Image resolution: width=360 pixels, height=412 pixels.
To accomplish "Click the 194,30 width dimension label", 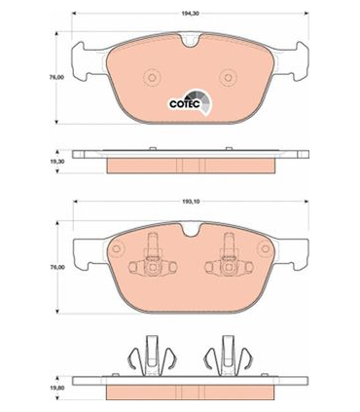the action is (191, 14).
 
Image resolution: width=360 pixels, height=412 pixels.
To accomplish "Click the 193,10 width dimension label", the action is (191, 202).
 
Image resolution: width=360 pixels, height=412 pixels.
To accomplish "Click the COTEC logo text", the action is (185, 104).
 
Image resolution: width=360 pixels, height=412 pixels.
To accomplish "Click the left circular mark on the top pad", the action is (152, 78).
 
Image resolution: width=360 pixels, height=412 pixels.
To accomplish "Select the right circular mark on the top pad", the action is (229, 78).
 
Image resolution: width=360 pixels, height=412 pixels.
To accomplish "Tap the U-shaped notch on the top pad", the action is (190, 40).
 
